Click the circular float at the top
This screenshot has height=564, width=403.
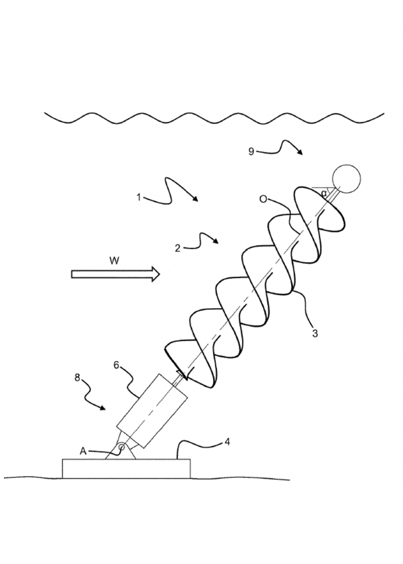tap(346, 179)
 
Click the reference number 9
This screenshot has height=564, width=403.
tap(251, 151)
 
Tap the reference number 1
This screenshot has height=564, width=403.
tap(139, 197)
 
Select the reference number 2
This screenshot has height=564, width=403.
tap(177, 248)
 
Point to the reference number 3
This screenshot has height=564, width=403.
tap(315, 333)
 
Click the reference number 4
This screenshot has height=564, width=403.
tap(227, 442)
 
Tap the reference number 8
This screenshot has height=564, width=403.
tap(78, 378)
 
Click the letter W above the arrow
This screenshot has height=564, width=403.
tap(114, 261)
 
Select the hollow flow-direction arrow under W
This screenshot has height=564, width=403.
tap(115, 275)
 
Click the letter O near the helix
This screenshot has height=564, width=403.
tap(263, 199)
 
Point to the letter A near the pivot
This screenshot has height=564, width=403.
tap(83, 451)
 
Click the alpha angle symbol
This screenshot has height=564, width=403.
tap(324, 193)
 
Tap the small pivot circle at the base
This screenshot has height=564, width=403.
tap(122, 447)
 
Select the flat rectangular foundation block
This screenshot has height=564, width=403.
tap(126, 468)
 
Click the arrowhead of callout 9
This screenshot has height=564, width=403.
tap(300, 152)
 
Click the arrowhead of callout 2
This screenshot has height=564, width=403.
tap(216, 241)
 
